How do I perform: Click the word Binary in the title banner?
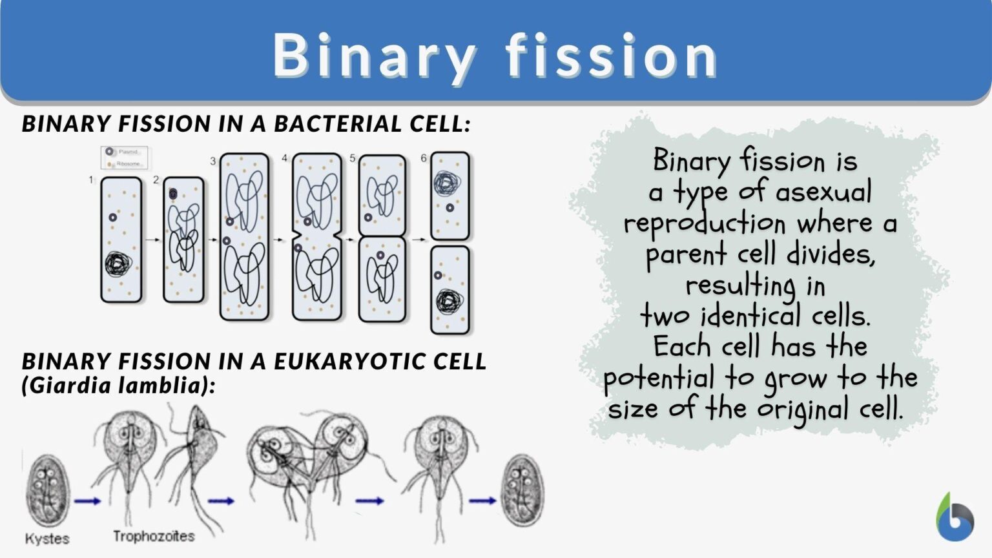coord(374,56)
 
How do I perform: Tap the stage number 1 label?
coord(91,180)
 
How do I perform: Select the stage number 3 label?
coord(212,161)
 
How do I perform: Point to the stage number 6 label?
coord(424,158)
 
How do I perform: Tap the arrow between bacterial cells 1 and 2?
coord(152,240)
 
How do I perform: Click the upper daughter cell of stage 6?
coord(450,196)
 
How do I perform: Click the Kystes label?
coord(47,539)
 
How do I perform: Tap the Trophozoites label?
coord(154,536)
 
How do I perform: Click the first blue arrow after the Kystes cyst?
coord(87,501)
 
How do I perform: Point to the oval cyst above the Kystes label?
coord(47,491)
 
